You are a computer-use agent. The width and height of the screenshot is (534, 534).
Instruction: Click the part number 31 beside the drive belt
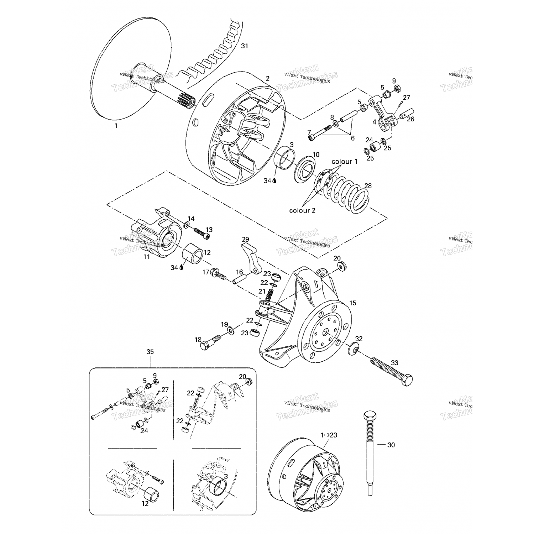[244, 46]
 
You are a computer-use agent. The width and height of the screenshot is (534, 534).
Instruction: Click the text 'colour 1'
[344, 161]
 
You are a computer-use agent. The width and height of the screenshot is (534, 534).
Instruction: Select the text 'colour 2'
[302, 210]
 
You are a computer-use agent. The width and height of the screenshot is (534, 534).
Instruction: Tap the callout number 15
[352, 303]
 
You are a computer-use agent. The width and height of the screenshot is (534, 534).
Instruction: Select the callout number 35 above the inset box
[150, 352]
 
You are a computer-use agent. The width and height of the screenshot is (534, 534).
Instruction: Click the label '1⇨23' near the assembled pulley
[329, 435]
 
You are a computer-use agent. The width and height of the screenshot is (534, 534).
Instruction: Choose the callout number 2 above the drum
[267, 79]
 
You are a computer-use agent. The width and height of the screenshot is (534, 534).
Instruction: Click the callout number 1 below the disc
[116, 126]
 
